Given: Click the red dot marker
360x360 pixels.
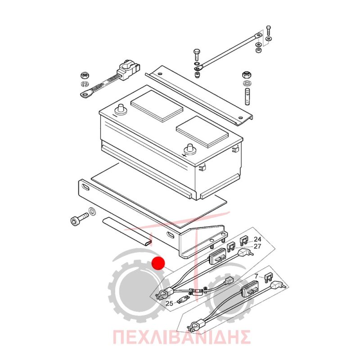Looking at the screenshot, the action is coord(158,263).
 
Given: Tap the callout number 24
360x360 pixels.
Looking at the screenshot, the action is coord(257,239).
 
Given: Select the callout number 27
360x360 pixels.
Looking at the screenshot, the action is coord(257,246).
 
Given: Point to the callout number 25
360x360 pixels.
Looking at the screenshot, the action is coord(169,303).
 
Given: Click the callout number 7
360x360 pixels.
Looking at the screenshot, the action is coord(256,276).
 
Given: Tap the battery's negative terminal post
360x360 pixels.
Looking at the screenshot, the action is coord(121,109).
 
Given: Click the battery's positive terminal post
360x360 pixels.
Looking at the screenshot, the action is coord(190,149).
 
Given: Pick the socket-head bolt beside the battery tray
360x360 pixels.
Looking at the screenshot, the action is coord(79,219).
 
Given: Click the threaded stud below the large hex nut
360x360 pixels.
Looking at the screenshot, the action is coord(247,97).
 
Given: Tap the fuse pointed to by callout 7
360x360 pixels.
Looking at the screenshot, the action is coord(268,278).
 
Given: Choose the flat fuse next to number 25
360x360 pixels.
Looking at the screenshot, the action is coord(183,301).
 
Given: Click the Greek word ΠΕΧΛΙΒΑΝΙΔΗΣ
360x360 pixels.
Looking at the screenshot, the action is coord(181,337).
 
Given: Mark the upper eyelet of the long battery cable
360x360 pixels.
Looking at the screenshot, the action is coord(258,36).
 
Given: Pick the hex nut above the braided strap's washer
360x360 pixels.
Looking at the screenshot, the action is coord(85,75).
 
